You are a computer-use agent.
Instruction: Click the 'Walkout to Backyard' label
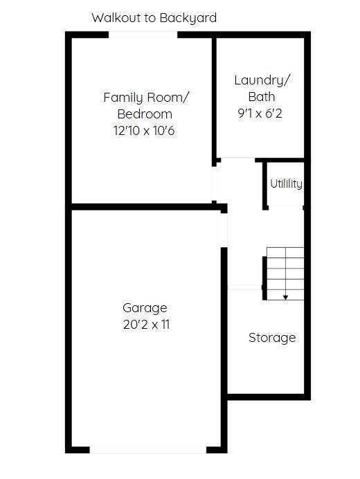pyautogui.click(x=154, y=18)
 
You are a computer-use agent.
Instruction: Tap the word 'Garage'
pyautogui.click(x=145, y=308)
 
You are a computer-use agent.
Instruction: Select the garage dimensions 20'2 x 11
pyautogui.click(x=146, y=324)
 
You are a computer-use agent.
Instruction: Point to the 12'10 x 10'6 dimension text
pyautogui.click(x=144, y=130)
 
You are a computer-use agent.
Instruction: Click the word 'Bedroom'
pyautogui.click(x=145, y=114)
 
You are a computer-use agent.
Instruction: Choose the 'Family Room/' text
pyautogui.click(x=146, y=98)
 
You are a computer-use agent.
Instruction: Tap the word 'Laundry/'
pyautogui.click(x=262, y=80)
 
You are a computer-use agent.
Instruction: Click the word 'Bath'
pyautogui.click(x=262, y=97)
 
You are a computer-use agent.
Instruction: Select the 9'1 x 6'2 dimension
pyautogui.click(x=260, y=114)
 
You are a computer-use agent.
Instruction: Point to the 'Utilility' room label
pyautogui.click(x=286, y=183)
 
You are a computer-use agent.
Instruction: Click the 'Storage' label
pyautogui.click(x=272, y=338)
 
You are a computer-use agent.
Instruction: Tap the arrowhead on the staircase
pyautogui.click(x=285, y=297)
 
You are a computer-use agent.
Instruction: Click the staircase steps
pyautogui.click(x=285, y=273)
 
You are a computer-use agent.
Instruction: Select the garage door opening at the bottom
pyautogui.click(x=148, y=450)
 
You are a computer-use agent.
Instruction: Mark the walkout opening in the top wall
pyautogui.click(x=143, y=35)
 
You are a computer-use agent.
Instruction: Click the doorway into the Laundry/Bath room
pyautogui.click(x=237, y=160)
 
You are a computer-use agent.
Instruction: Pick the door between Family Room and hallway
pyautogui.click(x=214, y=183)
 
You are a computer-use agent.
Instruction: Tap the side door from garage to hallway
pyautogui.click(x=224, y=231)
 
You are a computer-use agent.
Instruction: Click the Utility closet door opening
pyautogui.click(x=286, y=208)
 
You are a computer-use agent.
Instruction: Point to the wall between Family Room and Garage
pyautogui.click(x=146, y=207)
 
